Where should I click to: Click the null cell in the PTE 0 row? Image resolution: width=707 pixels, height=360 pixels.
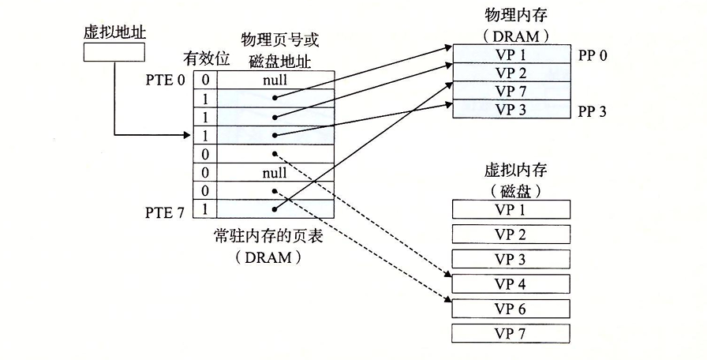275,79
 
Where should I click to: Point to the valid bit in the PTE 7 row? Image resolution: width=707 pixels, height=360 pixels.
205,209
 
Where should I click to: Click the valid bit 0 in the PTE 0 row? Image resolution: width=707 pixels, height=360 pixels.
205,79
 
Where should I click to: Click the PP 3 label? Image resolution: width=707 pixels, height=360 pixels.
592,111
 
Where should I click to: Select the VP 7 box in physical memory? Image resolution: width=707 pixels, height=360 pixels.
511,91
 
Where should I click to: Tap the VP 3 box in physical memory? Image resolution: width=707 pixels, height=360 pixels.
511,109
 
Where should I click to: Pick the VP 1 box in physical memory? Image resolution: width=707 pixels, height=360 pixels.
511,54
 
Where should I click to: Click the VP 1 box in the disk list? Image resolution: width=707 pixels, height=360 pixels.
511,208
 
